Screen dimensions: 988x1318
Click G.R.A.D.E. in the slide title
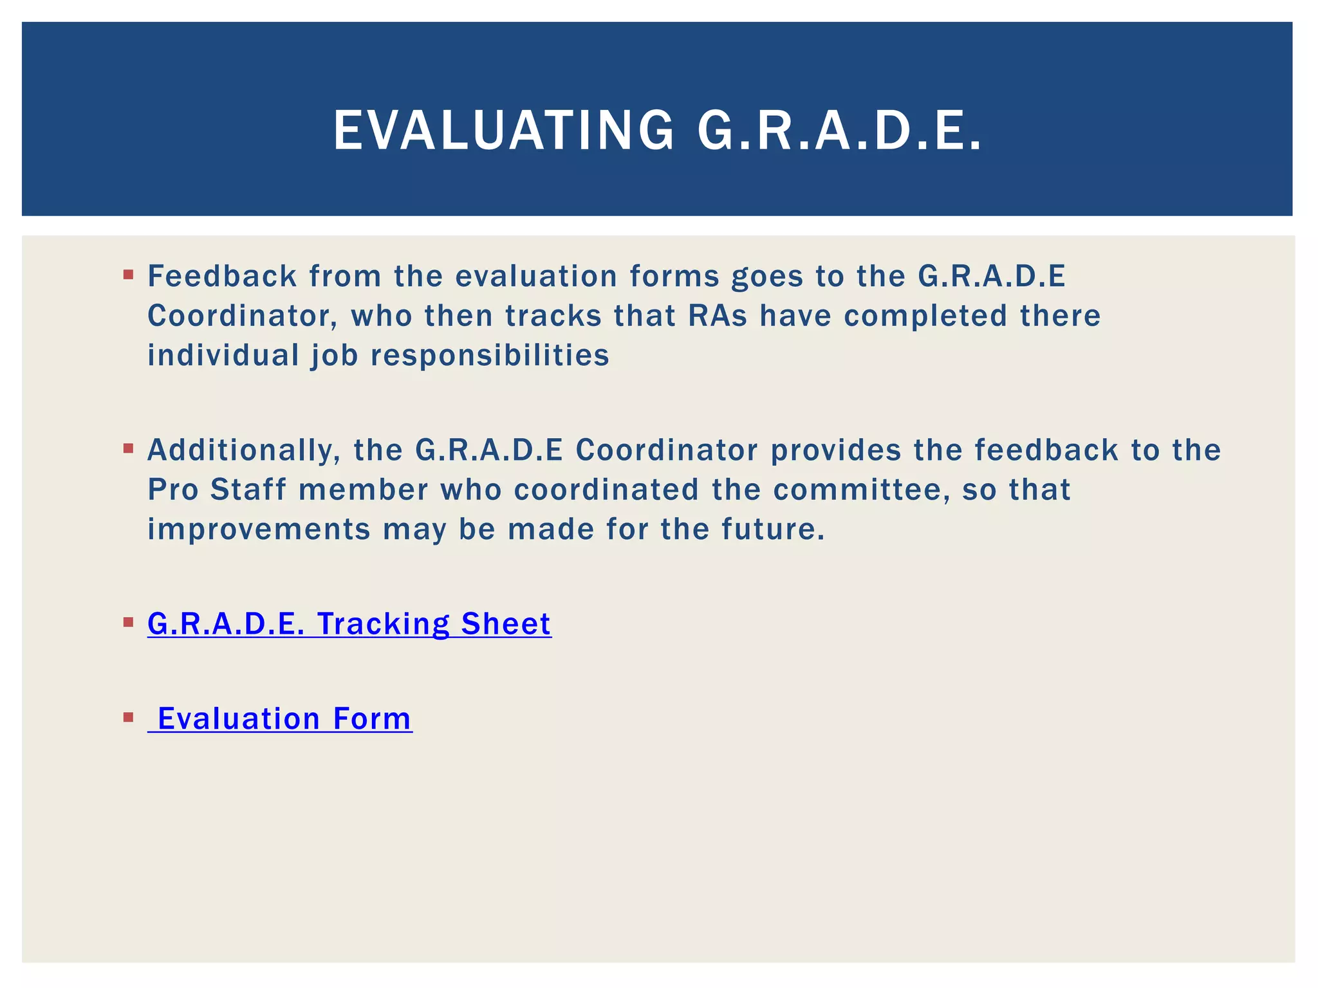(x=839, y=131)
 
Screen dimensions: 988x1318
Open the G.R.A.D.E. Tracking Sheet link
(x=349, y=624)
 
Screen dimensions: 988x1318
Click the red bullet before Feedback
(x=128, y=275)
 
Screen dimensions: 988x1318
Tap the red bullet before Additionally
(x=128, y=448)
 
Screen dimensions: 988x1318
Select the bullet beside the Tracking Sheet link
(x=128, y=622)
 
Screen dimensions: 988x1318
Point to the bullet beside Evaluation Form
(x=128, y=717)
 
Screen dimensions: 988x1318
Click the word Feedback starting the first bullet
(x=222, y=276)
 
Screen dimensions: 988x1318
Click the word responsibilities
(x=490, y=356)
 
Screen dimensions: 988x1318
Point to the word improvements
(x=259, y=529)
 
